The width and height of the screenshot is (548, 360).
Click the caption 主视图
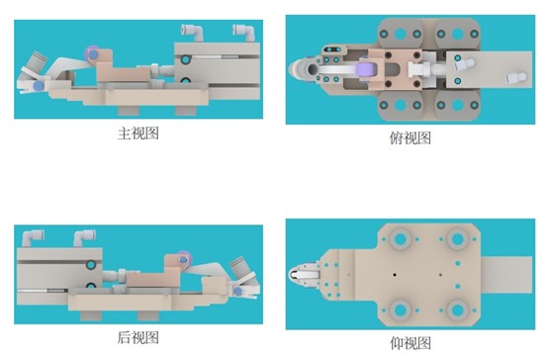tap(138, 134)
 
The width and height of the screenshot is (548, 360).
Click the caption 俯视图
tap(411, 138)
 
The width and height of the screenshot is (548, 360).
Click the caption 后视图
tap(138, 337)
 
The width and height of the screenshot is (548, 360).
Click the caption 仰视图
tap(411, 343)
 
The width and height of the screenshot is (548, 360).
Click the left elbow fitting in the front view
tap(192, 33)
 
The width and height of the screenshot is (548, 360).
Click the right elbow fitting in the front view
tap(244, 33)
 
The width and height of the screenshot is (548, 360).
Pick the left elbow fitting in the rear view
tap(33, 237)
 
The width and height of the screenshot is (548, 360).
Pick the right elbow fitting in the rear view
tap(85, 237)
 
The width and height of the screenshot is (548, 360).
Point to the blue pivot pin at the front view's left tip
tap(39, 85)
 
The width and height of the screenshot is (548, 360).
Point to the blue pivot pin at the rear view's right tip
tap(238, 291)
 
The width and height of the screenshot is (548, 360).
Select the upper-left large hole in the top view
tap(401, 35)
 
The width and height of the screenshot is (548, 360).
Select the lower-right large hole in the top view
tap(457, 105)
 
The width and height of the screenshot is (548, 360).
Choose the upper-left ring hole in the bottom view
tap(401, 239)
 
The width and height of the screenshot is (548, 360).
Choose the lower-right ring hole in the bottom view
tap(457, 310)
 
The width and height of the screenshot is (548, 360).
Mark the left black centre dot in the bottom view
tap(395, 275)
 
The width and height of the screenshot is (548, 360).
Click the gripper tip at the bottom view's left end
tap(296, 275)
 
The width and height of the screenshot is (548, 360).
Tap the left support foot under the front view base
tap(129, 111)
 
